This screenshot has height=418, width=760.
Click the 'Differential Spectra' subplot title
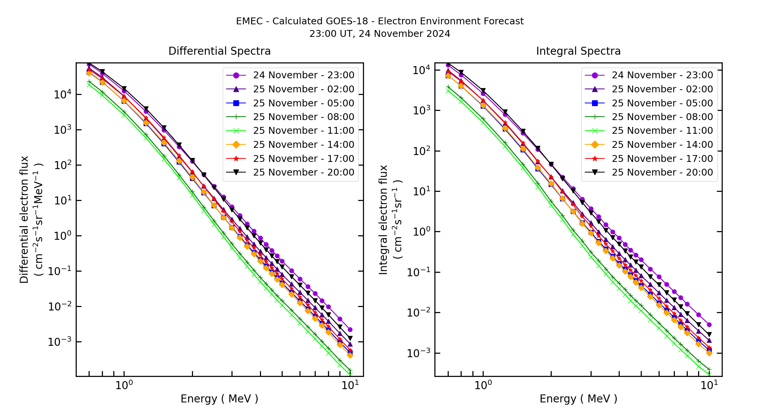click(220, 51)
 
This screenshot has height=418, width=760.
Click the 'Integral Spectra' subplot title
click(578, 51)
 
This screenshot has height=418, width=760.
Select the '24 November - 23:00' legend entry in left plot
click(303, 75)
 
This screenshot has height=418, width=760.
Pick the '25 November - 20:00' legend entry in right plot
click(662, 173)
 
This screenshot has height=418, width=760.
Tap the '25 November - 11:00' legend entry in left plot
click(303, 131)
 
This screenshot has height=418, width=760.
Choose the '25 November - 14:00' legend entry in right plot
click(662, 145)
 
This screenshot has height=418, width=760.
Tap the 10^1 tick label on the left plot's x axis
click(349, 385)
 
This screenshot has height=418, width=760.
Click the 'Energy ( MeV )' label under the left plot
click(219, 399)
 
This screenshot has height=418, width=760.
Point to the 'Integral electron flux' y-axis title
click(383, 220)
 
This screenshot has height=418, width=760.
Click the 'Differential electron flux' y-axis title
click(24, 220)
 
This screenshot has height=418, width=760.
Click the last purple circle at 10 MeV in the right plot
click(709, 325)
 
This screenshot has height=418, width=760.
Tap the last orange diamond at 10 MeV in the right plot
click(709, 353)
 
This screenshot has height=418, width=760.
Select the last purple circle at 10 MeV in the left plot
click(350, 329)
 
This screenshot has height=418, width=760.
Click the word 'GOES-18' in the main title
click(349, 21)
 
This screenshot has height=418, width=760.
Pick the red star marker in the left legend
click(236, 158)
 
